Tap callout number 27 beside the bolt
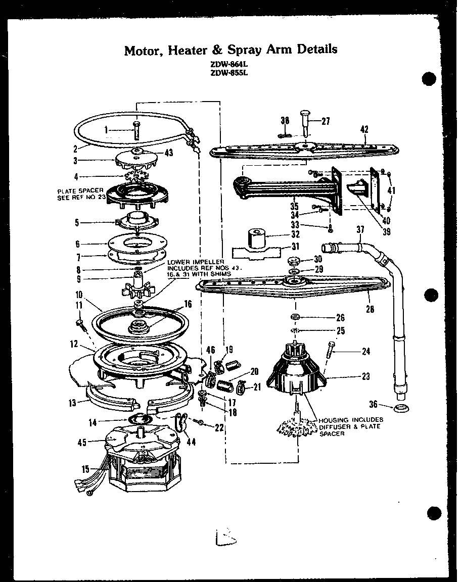point(326,121)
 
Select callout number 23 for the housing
point(365,376)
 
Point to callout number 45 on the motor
point(82,442)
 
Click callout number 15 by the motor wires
point(79,469)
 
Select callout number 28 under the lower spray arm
point(370,309)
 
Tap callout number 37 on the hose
point(360,230)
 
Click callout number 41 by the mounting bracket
point(392,191)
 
